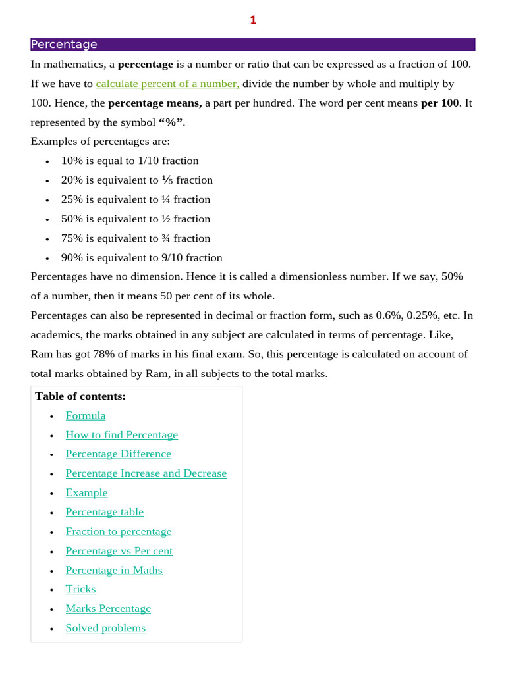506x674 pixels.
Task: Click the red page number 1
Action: tap(253, 20)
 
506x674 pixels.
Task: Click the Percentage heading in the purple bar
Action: tap(64, 45)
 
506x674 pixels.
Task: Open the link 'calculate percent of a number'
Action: tap(167, 84)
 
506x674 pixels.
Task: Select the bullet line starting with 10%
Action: tap(129, 161)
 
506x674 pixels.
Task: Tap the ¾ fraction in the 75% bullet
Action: tap(165, 238)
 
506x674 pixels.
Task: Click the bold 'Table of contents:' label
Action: tap(80, 396)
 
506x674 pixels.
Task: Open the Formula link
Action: tap(86, 415)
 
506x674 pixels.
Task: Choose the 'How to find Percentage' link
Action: tap(122, 435)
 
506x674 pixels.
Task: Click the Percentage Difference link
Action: tap(118, 454)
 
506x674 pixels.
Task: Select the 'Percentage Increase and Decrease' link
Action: tap(146, 473)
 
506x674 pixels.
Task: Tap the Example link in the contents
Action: tap(86, 492)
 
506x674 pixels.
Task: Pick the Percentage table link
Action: tap(104, 512)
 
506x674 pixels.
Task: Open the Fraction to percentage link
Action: tap(119, 531)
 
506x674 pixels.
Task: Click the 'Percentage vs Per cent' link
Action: tap(119, 551)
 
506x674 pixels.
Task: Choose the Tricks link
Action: tap(80, 589)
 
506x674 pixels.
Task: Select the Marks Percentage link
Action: tap(108, 609)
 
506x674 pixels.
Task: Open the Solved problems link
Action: tap(105, 628)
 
